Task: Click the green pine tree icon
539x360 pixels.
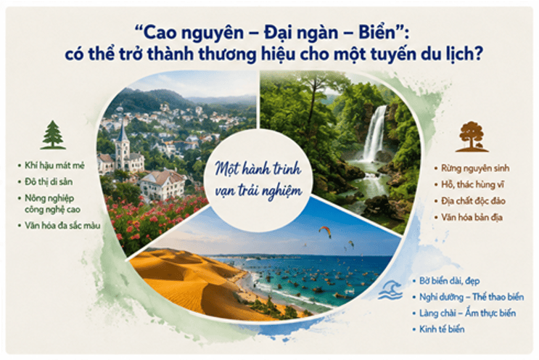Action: (53, 135)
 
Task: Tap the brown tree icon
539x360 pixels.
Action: (472, 137)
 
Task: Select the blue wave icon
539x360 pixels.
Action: (390, 290)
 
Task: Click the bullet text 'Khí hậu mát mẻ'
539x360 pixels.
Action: (54, 165)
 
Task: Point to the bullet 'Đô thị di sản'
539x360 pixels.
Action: (49, 181)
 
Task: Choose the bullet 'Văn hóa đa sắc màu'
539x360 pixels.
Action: (62, 226)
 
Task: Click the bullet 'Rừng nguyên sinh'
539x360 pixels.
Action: (475, 168)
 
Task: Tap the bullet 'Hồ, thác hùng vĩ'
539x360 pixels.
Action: (473, 184)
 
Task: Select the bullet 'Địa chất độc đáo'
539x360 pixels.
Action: (473, 201)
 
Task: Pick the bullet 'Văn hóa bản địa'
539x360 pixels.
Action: (472, 217)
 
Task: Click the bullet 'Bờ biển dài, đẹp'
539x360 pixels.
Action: (449, 281)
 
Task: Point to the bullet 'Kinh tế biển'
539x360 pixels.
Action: (442, 329)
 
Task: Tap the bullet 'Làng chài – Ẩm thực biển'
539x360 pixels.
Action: (467, 313)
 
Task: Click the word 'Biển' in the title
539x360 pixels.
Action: (377, 33)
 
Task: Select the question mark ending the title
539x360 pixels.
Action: (476, 54)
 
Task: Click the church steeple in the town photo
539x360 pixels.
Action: (122, 131)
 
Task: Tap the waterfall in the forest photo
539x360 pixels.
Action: (374, 134)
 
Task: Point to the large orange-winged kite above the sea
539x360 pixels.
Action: (325, 232)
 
